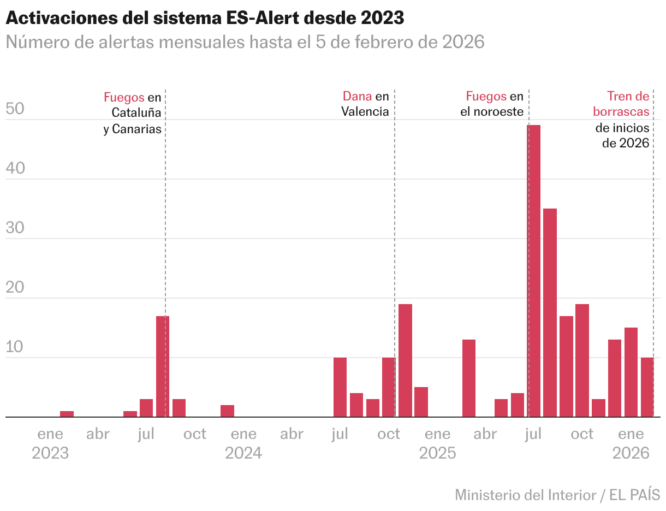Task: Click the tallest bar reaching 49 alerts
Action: point(533,271)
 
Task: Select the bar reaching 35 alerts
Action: point(550,312)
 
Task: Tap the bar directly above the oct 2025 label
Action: point(582,360)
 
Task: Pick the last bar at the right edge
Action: point(647,387)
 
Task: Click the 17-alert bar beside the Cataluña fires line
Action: point(163,366)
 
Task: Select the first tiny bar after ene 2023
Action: point(67,414)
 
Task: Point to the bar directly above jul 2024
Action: point(340,387)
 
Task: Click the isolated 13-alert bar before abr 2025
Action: point(469,378)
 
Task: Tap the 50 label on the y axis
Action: point(15,110)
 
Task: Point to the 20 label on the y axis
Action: point(15,288)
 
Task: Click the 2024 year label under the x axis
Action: point(243,453)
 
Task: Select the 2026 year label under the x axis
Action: point(631,453)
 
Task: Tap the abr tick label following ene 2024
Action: point(292,435)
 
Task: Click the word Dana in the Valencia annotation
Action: point(357,97)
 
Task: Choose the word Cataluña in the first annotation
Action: point(136,112)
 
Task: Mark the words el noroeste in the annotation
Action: point(492,112)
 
